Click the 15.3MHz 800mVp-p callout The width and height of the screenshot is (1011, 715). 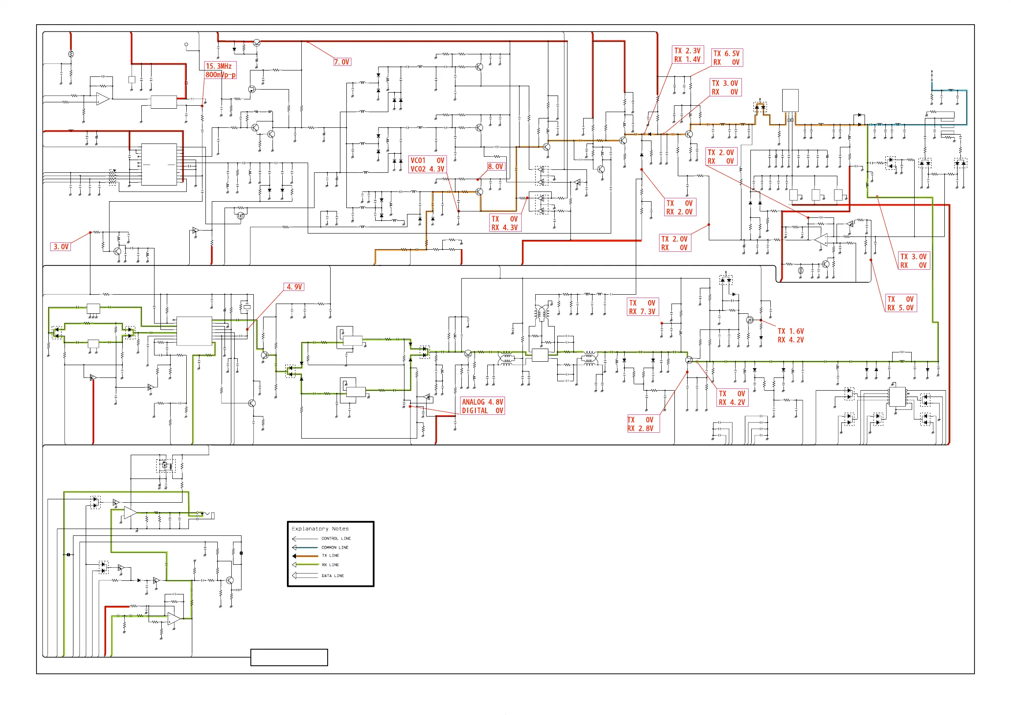221,70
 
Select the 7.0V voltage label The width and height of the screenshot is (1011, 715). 342,62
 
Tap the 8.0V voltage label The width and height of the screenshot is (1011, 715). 495,166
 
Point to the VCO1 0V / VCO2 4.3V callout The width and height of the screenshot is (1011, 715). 427,165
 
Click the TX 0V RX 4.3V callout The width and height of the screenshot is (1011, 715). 505,223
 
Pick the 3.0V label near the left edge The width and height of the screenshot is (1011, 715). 61,247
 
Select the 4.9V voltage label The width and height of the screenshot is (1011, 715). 294,287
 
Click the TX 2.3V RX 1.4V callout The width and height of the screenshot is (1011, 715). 687,55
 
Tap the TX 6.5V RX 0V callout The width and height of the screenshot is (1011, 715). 727,58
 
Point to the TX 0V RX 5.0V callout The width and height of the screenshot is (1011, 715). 901,304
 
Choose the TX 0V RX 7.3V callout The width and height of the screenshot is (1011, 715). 643,307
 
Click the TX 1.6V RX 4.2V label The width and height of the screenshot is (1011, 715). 791,335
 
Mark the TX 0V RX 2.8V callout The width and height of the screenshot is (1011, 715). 643,424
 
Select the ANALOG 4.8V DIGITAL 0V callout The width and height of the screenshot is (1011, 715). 482,406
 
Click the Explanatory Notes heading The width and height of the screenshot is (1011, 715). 320,529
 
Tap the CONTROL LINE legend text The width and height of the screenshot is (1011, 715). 336,538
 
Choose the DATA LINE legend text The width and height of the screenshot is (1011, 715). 333,576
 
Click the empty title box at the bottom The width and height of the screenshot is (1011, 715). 289,657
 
